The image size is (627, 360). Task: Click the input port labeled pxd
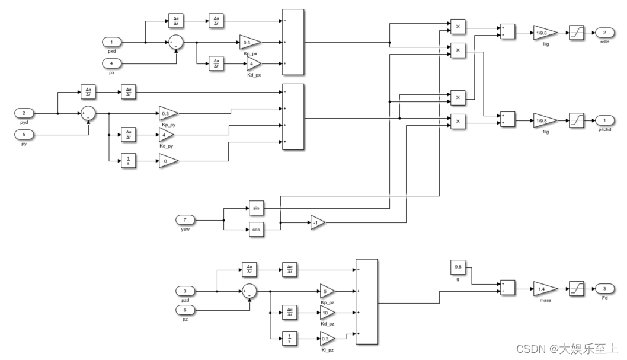pos(111,42)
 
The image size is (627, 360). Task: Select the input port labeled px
pos(111,63)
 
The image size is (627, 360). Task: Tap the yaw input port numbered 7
pos(185,220)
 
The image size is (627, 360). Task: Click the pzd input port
pos(185,291)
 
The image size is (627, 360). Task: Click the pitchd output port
pos(604,120)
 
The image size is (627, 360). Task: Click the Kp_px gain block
pos(249,42)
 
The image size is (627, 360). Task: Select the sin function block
pos(257,209)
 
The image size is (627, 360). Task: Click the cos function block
pos(257,230)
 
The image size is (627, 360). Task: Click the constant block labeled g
pos(458,267)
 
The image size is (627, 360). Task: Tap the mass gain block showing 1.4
pos(543,288)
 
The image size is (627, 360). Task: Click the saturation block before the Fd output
pos(577,288)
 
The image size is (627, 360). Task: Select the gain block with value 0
pos(168,160)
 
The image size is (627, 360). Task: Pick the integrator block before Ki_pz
pos(290,339)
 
